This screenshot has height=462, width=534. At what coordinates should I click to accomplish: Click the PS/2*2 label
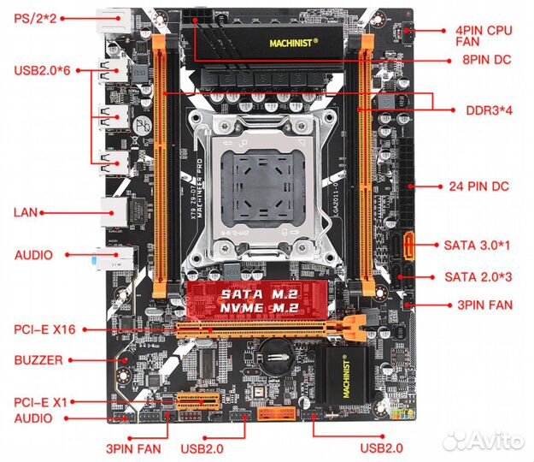click(x=33, y=18)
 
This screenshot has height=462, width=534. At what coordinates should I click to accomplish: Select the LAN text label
click(x=26, y=210)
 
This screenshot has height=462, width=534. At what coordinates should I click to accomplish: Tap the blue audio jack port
click(x=112, y=254)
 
